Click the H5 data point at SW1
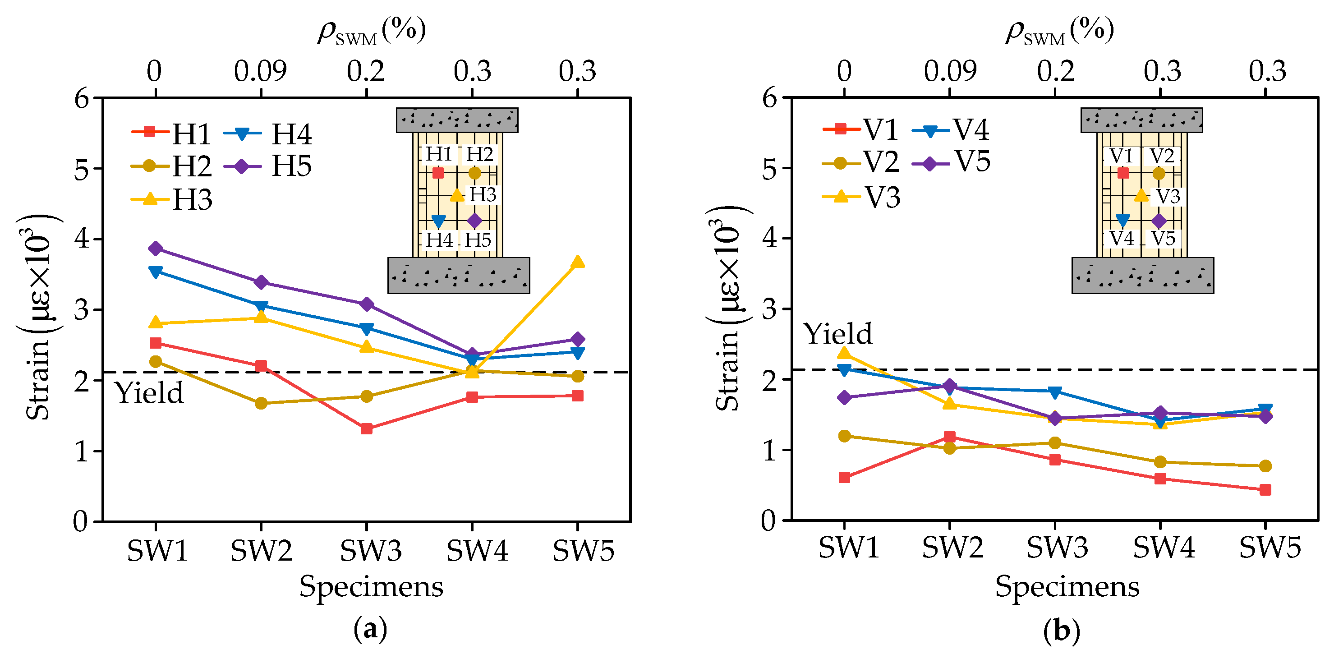pos(155,249)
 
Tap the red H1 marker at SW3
pos(367,428)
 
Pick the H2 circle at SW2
pos(261,403)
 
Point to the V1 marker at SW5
pos(1265,489)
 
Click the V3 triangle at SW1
pos(844,354)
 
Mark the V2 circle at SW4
pos(1160,462)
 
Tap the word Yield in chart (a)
pos(149,392)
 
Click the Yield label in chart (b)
pos(838,333)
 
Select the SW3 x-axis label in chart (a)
pos(370,550)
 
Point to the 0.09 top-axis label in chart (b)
pos(950,71)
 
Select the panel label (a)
pos(370,629)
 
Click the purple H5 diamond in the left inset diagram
pos(474,221)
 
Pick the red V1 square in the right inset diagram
pos(1122,173)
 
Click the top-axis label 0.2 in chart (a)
pos(366,71)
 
